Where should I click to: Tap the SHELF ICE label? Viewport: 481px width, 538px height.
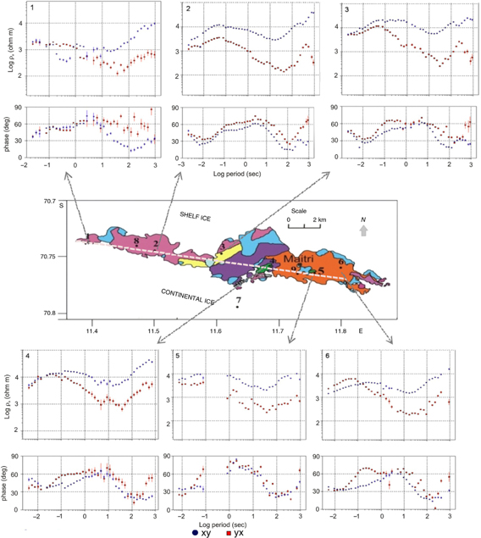(195, 218)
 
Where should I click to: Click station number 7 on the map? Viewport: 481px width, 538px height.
(239, 300)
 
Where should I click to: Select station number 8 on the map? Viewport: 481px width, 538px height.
(135, 241)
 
